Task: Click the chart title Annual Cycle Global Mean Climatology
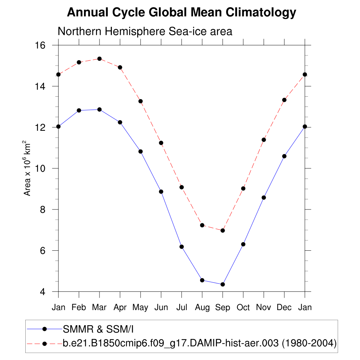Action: coord(181,13)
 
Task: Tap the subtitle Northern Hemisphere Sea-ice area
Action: coord(145,31)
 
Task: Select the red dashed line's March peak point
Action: coord(99,59)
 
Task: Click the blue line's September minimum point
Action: coord(223,284)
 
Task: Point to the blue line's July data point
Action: coord(181,247)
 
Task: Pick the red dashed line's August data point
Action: coord(202,225)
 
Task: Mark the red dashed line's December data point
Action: coord(284,100)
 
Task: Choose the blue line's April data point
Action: coord(120,122)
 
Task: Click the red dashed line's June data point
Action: coord(161,143)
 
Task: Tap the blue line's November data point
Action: coord(264,198)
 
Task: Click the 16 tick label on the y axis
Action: coord(41,45)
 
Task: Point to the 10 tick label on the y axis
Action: coord(41,168)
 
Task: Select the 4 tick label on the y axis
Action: coord(43,292)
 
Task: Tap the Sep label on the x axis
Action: coord(223,308)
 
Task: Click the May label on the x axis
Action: coord(140,308)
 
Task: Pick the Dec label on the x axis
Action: coord(284,308)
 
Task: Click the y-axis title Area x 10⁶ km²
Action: coord(27,168)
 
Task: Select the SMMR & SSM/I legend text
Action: coord(98,329)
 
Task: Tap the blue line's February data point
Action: coord(79,110)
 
